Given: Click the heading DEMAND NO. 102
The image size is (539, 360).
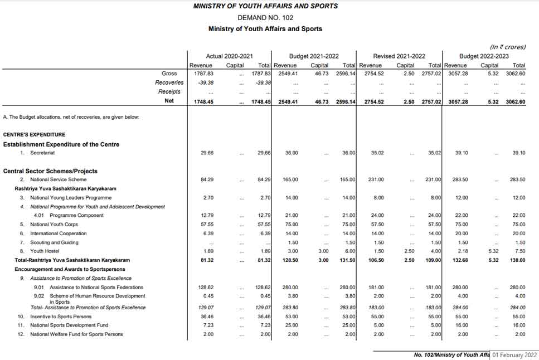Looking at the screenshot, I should point(265,17).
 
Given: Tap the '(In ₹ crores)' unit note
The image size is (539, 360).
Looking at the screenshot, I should point(507,47).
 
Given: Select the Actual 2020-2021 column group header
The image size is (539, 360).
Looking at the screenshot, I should point(229,56).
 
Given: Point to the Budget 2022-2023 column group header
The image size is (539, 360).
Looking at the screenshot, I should point(484,56).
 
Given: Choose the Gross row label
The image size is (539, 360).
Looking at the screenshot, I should point(169,74).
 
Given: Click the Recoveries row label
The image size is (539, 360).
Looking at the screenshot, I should point(169,82).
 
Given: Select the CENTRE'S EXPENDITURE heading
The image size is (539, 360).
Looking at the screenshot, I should point(34,134).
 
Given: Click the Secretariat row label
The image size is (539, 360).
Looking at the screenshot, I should point(45,153).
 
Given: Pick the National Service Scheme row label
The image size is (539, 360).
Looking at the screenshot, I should point(58,179).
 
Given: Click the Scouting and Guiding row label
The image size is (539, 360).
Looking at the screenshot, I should point(54,242).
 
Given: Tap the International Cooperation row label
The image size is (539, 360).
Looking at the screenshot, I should point(58,233).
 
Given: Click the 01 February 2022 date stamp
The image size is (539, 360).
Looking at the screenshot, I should point(514,354).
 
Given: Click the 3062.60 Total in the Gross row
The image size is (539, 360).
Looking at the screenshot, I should point(515,74).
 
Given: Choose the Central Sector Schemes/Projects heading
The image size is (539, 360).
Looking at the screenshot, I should point(50,171).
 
